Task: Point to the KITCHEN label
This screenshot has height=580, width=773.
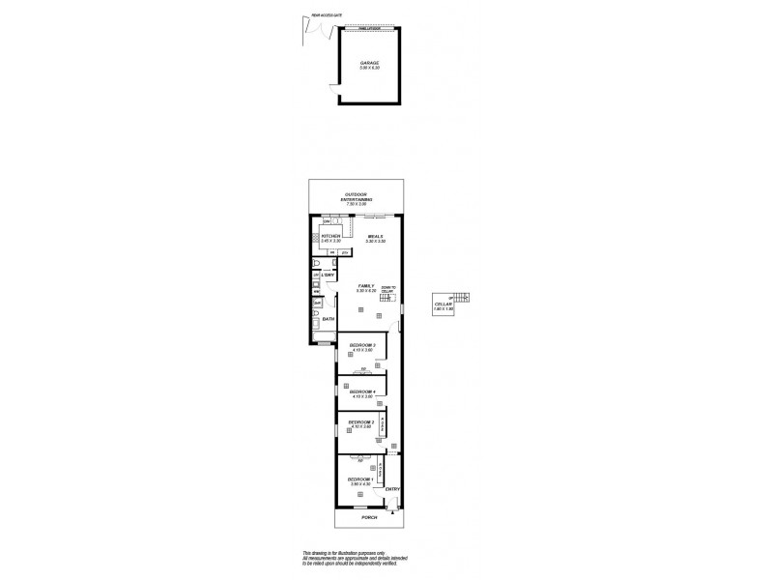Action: click(x=331, y=236)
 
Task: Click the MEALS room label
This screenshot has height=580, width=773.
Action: click(x=376, y=236)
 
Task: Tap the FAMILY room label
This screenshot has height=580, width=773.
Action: click(x=365, y=286)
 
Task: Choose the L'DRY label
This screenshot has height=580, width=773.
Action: click(x=328, y=276)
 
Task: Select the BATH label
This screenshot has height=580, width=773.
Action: click(x=328, y=319)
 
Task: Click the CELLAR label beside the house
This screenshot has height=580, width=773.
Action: click(x=444, y=303)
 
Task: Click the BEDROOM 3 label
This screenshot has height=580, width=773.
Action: click(x=362, y=346)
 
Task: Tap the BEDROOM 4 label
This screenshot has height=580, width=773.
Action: click(x=362, y=391)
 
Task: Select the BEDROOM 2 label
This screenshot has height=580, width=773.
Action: click(x=361, y=422)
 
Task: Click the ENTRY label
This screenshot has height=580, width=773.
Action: click(x=391, y=489)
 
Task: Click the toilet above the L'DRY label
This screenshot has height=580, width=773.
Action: click(x=316, y=262)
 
